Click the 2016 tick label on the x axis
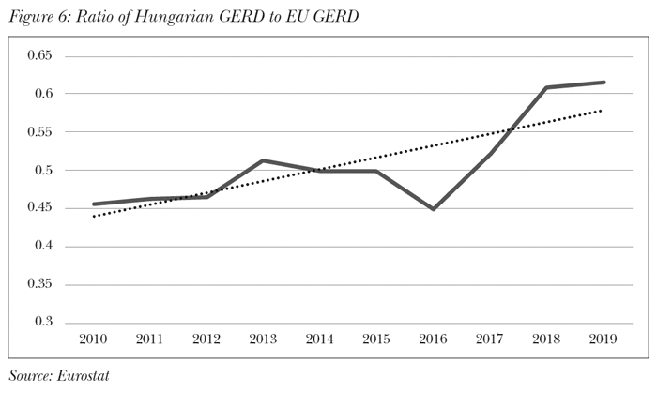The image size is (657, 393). coord(433,339)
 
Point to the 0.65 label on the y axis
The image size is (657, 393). coord(39,56)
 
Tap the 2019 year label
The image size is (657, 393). coord(603,339)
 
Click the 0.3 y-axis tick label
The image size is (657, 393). coord(43,322)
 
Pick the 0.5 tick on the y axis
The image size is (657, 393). coord(43,171)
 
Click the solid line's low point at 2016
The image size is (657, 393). coord(433,209)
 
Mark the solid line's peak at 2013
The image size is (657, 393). coord(264,160)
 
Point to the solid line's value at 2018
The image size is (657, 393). coord(546,88)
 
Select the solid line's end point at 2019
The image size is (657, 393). coord(603,83)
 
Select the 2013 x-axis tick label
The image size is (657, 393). coord(264,339)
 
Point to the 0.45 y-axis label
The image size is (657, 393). coord(39,208)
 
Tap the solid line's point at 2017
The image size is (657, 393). coord(490,153)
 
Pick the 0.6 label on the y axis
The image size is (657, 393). coord(43,95)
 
